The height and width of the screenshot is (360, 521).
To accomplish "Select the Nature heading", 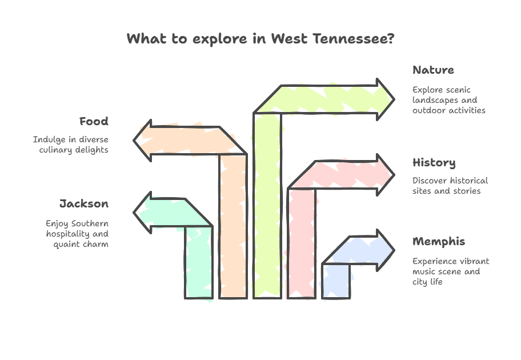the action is point(433,70).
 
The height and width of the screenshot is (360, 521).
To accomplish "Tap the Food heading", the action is point(94,121).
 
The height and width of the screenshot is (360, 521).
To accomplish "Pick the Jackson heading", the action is point(84,203).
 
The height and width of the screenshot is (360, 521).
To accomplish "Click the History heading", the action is point(434,163).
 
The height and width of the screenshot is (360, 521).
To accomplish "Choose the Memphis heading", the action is point(439,242).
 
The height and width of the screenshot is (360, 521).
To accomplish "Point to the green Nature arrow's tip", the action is point(394,99).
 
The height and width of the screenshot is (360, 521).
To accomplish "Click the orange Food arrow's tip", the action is point(134,141).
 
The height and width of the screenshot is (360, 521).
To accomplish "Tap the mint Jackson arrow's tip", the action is point(134,213).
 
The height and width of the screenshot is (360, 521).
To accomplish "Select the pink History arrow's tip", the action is point(394,175).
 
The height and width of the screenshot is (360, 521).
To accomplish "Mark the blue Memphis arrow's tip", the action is point(394,250).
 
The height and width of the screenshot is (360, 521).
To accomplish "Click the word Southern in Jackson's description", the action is point(90,223).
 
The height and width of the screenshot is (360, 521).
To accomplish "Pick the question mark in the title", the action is point(391,38).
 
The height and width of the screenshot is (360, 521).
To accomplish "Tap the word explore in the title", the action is point(219,39).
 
